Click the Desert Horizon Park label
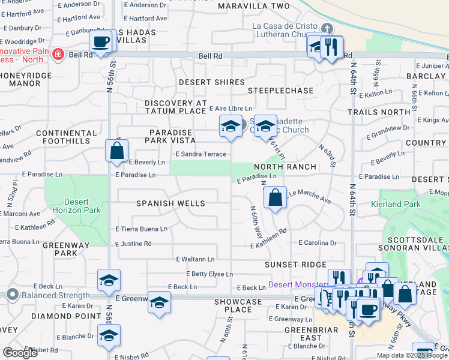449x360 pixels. (76, 206)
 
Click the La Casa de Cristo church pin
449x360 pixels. (327, 28)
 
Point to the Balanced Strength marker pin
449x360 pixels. (12, 295)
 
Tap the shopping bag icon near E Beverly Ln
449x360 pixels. (117, 151)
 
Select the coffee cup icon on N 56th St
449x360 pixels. (101, 42)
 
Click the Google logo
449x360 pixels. (20, 352)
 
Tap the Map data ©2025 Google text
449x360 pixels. (412, 355)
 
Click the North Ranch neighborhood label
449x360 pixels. (276, 166)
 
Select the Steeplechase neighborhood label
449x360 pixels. (281, 91)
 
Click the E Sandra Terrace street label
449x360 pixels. (200, 154)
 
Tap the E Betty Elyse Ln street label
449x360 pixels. (209, 274)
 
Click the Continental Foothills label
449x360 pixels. (66, 137)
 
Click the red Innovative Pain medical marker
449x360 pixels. (58, 55)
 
